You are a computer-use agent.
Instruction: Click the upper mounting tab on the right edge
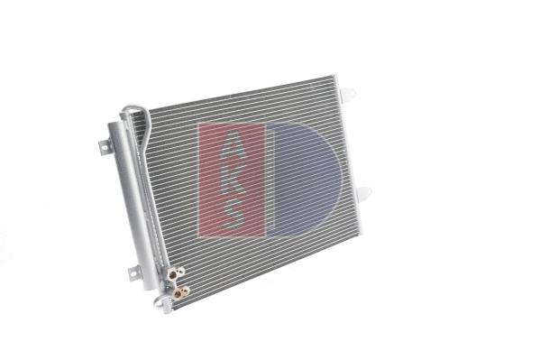pos(347,92)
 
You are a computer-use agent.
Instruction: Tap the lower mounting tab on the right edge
pos(362,193)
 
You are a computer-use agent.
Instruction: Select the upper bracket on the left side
pos(103,145)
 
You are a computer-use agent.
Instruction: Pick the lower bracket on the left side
pos(133,271)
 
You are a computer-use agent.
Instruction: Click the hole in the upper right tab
pos(350,93)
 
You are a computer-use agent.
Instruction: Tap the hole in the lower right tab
pos(365,193)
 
